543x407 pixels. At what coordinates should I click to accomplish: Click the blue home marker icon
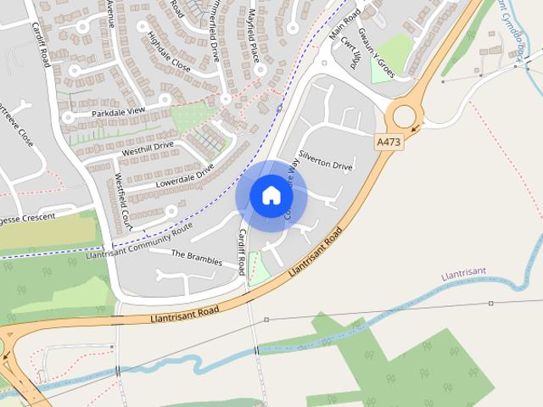tap(271, 196)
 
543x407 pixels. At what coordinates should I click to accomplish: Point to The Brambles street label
tap(196, 258)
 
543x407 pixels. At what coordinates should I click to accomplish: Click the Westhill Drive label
tap(148, 149)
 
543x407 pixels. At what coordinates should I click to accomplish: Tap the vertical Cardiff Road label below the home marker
tap(243, 252)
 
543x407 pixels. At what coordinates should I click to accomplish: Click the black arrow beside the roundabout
tap(415, 129)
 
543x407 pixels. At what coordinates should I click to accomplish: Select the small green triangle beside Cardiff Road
tap(259, 270)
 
